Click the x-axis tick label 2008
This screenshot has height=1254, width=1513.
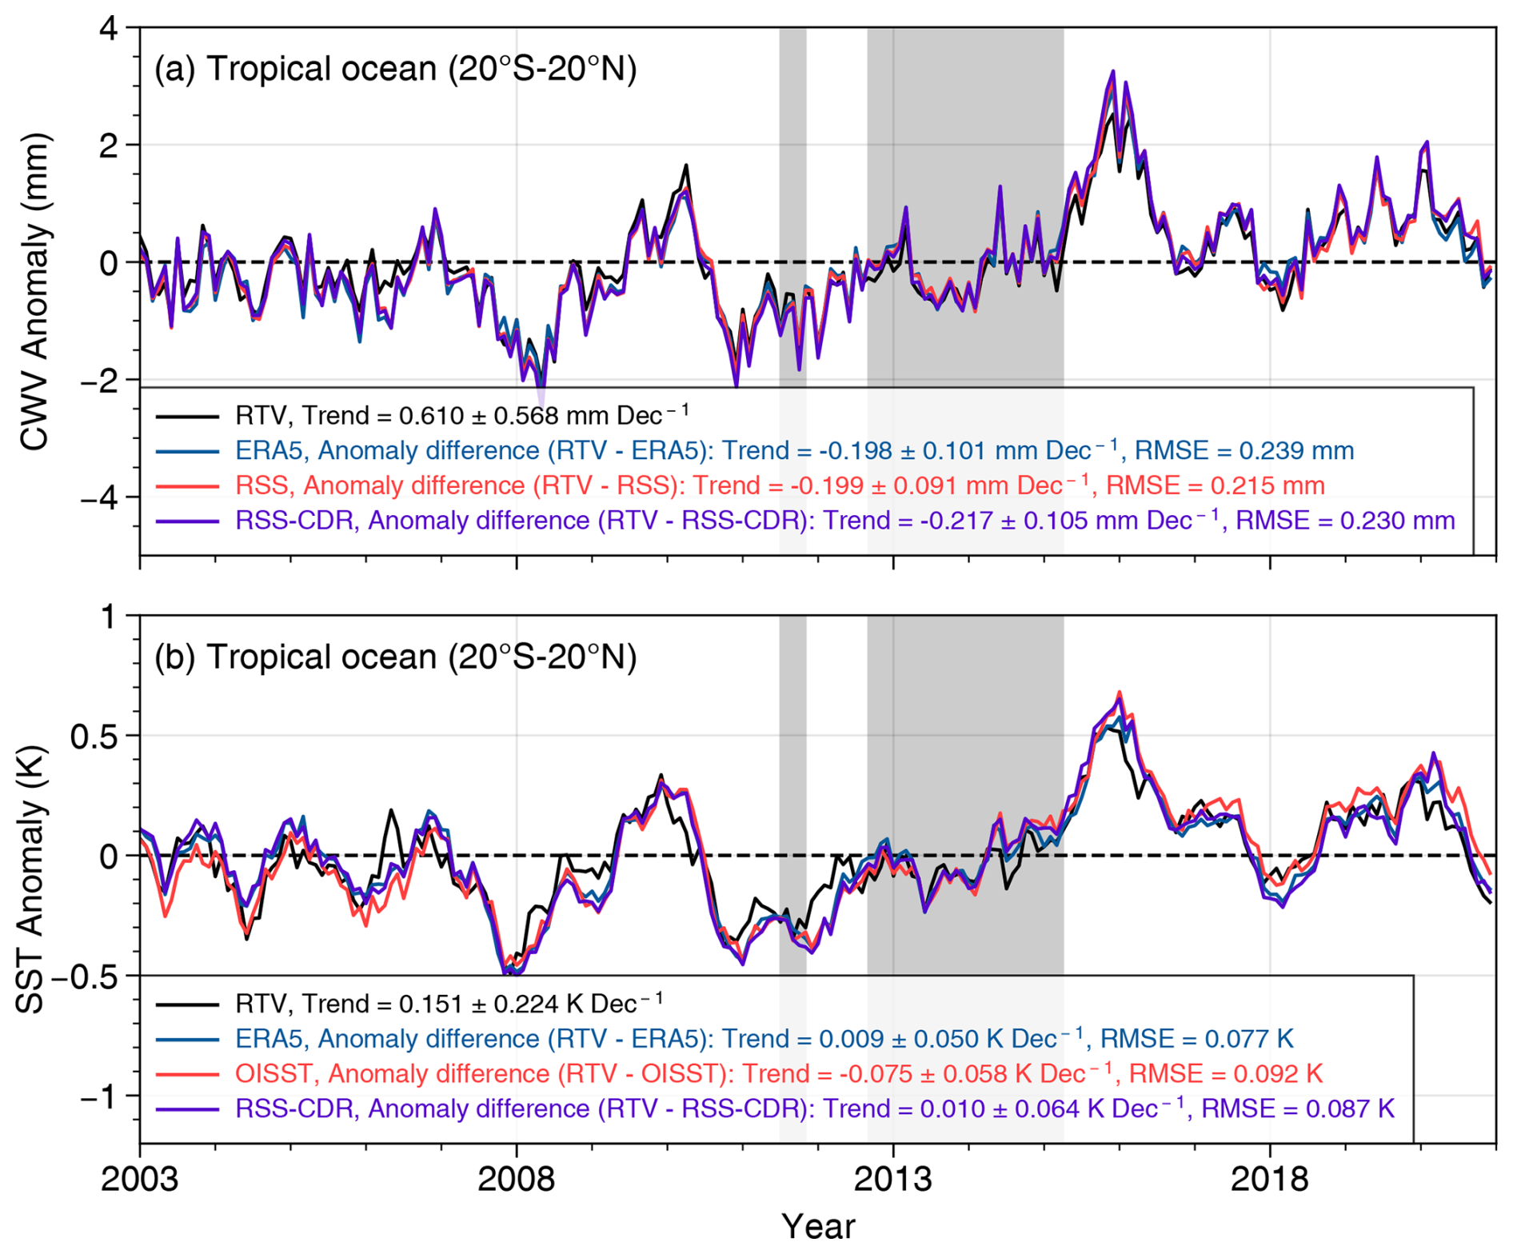[x=516, y=1180]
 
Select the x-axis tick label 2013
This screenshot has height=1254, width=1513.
[x=892, y=1180]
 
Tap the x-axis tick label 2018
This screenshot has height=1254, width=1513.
[x=1269, y=1180]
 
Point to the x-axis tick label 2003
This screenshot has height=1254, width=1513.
[x=140, y=1180]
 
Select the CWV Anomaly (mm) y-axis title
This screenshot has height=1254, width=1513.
[x=34, y=291]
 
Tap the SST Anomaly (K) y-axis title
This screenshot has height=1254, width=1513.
[x=30, y=880]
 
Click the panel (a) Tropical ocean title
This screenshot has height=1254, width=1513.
[x=395, y=69]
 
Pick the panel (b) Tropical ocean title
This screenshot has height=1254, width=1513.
[x=395, y=657]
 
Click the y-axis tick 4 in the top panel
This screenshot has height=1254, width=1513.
[x=109, y=29]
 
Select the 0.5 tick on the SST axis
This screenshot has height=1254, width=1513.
[x=93, y=736]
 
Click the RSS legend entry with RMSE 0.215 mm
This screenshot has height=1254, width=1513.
[x=780, y=485]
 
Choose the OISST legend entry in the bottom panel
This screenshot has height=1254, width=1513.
[x=778, y=1073]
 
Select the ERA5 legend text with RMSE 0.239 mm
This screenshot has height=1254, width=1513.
[x=794, y=450]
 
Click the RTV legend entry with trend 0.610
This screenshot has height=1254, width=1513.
[x=461, y=415]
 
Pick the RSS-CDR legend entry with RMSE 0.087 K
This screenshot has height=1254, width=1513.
[x=814, y=1108]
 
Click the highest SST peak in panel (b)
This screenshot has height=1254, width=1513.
[x=1119, y=693]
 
